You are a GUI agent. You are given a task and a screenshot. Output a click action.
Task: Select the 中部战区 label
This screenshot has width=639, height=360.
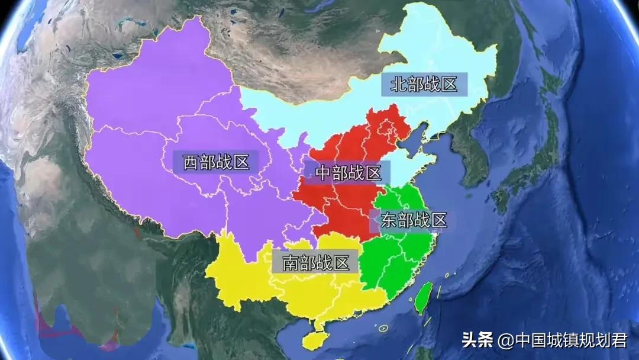[x=348, y=173]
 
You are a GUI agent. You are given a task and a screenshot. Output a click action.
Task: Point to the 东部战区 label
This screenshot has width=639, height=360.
[x=412, y=220]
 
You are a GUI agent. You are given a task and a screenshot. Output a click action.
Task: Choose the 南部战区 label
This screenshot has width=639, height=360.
[x=316, y=263]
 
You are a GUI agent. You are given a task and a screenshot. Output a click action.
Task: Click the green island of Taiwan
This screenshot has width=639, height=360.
[x=422, y=298]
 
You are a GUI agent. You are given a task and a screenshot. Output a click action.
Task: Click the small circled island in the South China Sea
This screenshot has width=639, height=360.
[x=383, y=327]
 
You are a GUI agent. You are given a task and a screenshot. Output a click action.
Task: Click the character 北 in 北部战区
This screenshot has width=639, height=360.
[x=398, y=84]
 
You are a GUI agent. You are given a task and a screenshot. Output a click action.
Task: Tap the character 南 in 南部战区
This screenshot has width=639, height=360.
[x=290, y=263]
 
